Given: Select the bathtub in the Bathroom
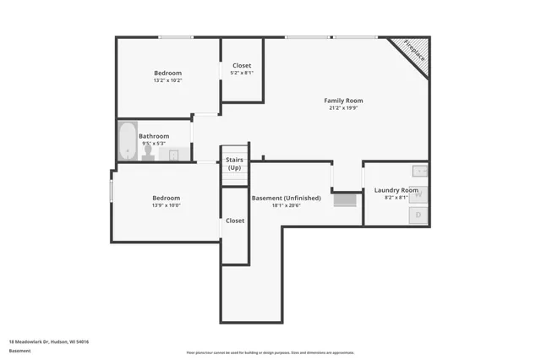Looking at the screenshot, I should [128, 141].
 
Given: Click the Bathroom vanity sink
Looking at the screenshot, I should [175, 155].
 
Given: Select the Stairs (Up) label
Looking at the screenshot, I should [234, 163].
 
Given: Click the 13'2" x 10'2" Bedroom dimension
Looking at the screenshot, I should [167, 81].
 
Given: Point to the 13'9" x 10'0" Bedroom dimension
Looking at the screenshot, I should [166, 205].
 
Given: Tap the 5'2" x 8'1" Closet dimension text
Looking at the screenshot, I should [242, 73].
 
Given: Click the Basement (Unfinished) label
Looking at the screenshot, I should [286, 198].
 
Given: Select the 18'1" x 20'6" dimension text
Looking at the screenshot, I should [286, 205].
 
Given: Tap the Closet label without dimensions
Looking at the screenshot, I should [234, 221].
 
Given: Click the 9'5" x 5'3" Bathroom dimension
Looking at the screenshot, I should [155, 144].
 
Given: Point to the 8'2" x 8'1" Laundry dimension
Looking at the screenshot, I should [396, 198].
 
